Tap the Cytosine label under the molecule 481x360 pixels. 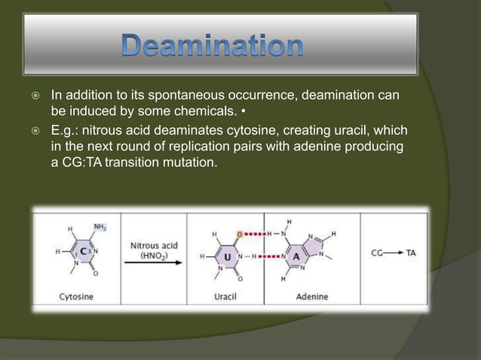(77, 296)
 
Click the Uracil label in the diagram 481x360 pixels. (225, 296)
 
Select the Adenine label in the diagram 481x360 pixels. (311, 296)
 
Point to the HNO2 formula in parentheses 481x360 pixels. (154, 255)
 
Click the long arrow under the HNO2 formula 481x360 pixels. (154, 265)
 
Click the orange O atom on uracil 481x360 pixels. (240, 233)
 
